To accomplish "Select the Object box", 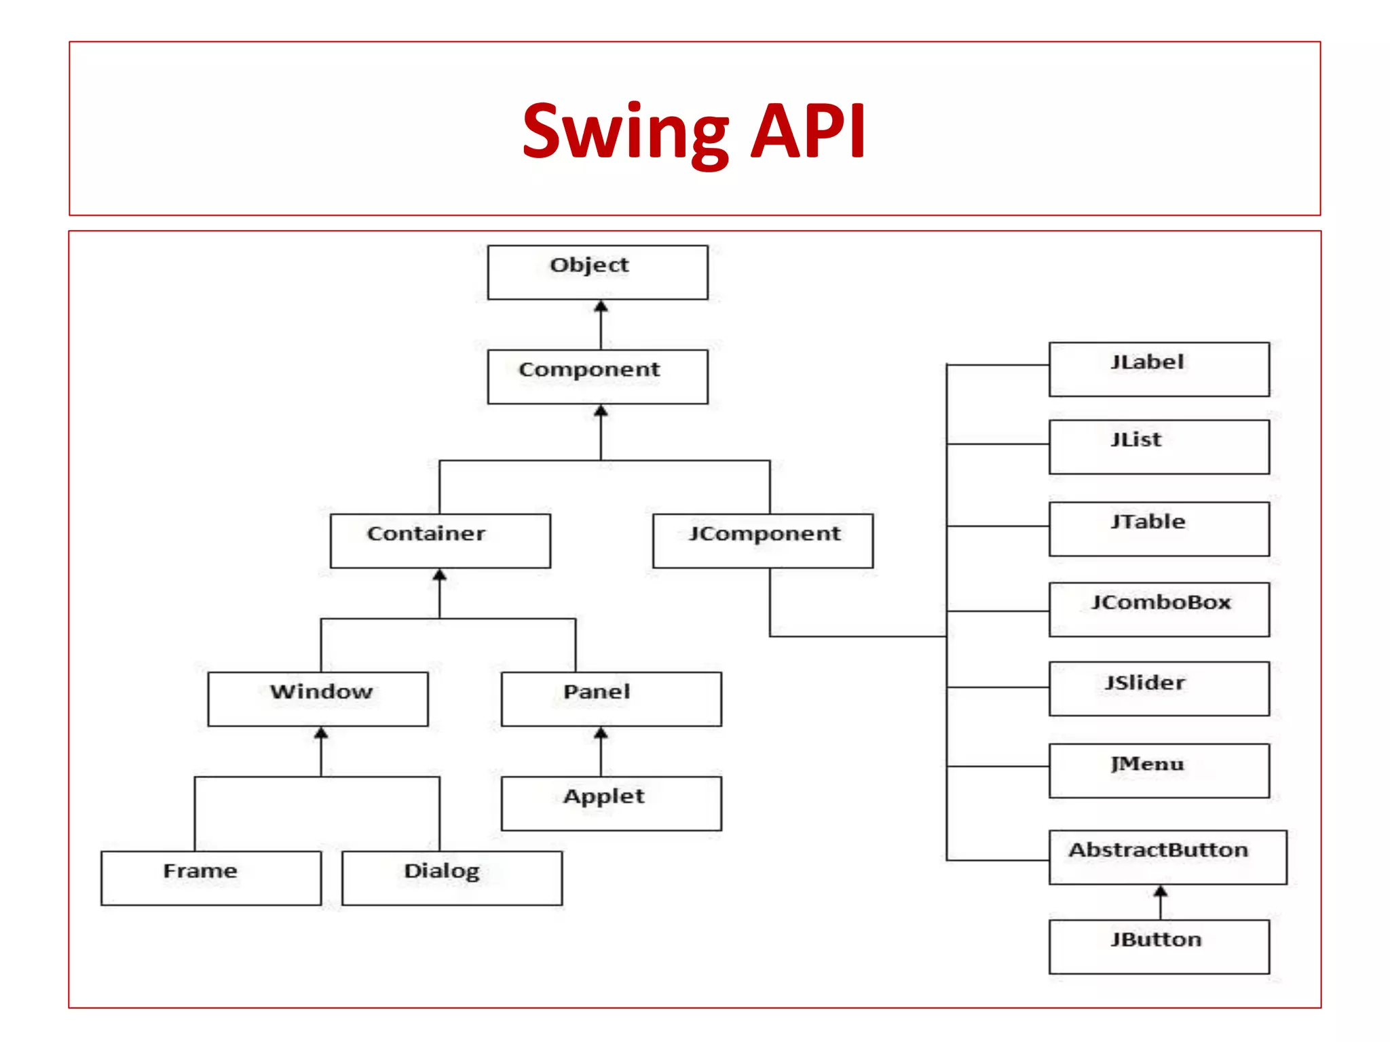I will pos(597,272).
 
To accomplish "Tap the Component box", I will pos(597,377).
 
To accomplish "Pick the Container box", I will pos(440,541).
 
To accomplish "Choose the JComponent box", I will pos(762,541).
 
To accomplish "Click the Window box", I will pos(318,699).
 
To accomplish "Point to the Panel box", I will pos(611,699).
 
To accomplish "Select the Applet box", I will pos(611,803).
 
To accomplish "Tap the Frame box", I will pos(210,878).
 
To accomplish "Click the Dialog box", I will pos(452,878).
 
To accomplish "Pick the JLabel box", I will pos(1159,369).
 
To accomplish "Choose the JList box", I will pos(1159,446).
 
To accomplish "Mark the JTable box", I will pos(1159,528).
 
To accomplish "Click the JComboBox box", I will pos(1159,609).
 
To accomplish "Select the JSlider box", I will pos(1159,689).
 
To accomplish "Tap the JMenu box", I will pos(1159,771).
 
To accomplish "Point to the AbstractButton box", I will pos(1167,857).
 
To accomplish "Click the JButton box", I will pos(1159,946).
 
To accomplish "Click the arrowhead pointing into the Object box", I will pos(601,307).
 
